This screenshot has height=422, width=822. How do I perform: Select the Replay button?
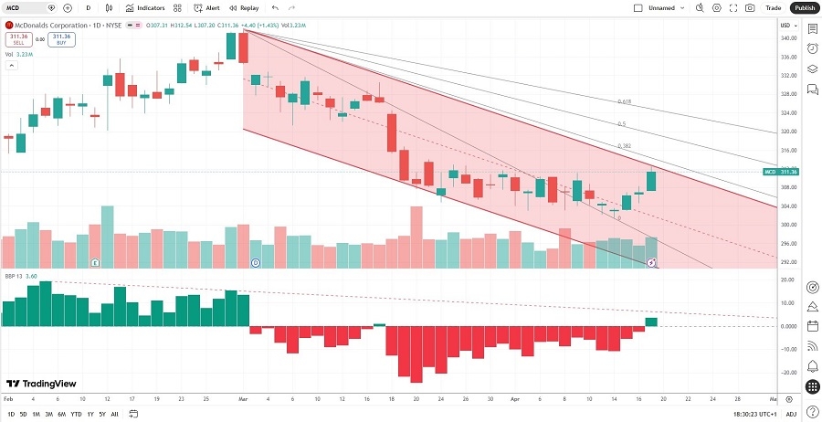tap(244, 7)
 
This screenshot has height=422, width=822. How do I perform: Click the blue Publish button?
tap(804, 7)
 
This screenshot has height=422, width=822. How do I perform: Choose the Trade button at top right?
tap(774, 7)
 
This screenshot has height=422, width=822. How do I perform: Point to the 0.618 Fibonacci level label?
tap(625, 101)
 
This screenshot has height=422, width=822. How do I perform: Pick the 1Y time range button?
tap(90, 414)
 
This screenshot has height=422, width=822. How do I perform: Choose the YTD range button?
tap(76, 414)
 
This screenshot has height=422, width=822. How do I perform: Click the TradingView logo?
tap(41, 384)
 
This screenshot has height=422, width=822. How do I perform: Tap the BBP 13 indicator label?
tap(16, 273)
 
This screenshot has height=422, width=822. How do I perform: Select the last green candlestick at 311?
tap(651, 181)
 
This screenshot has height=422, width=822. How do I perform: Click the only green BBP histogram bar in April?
tap(651, 322)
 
